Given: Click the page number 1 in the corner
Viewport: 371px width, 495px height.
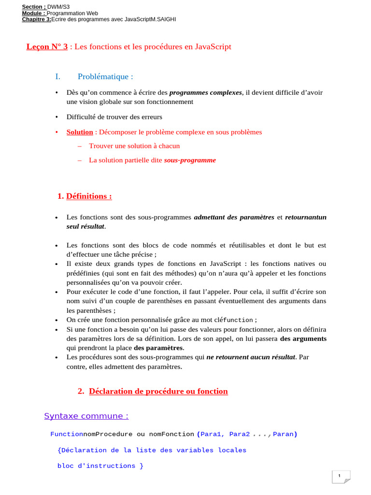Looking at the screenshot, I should (340, 476).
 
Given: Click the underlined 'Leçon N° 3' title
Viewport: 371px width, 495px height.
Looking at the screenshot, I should (47, 47).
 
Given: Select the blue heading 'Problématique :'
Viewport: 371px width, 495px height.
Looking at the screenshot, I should (105, 76).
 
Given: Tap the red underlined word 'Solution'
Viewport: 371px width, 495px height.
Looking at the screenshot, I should (80, 132).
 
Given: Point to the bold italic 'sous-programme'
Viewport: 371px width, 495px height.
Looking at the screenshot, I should (190, 160).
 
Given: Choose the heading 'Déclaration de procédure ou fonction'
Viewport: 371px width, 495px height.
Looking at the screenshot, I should (158, 392).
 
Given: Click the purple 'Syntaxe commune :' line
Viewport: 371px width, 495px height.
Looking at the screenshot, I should (86, 416).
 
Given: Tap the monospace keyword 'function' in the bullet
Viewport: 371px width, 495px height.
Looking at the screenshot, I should (239, 320).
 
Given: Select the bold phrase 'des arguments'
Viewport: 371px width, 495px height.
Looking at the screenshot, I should (303, 339).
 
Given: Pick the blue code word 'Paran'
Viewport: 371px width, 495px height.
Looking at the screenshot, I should (283, 434).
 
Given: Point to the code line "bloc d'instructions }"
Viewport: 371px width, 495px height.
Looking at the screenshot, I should (100, 466).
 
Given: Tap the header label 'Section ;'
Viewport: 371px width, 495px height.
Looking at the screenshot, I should (34, 6).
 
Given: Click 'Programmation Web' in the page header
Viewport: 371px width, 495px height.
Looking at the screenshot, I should (71, 13).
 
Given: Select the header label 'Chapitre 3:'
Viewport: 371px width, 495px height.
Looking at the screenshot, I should (36, 19).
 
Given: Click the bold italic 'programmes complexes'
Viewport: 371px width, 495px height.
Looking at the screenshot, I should (205, 93).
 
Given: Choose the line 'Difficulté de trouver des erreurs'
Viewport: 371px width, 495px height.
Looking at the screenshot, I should (114, 117).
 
